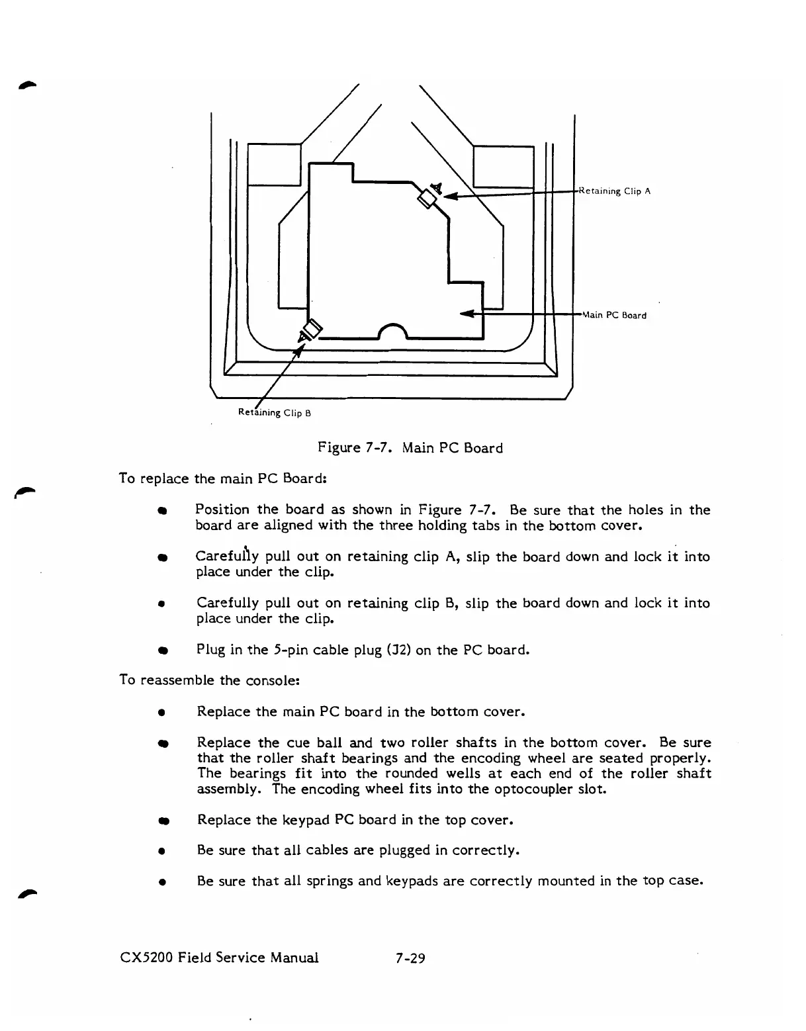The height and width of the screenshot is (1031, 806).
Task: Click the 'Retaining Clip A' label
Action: [x=615, y=191]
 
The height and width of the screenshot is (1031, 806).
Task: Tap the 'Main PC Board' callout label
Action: [x=613, y=315]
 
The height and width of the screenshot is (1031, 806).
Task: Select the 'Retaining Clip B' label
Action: [x=274, y=414]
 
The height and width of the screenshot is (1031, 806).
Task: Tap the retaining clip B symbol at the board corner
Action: [x=311, y=329]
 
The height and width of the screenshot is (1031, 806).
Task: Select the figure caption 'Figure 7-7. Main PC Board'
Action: [x=410, y=448]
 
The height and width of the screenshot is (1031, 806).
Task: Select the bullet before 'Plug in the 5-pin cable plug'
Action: [x=161, y=650]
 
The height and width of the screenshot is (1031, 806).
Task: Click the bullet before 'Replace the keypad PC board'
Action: [x=161, y=821]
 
